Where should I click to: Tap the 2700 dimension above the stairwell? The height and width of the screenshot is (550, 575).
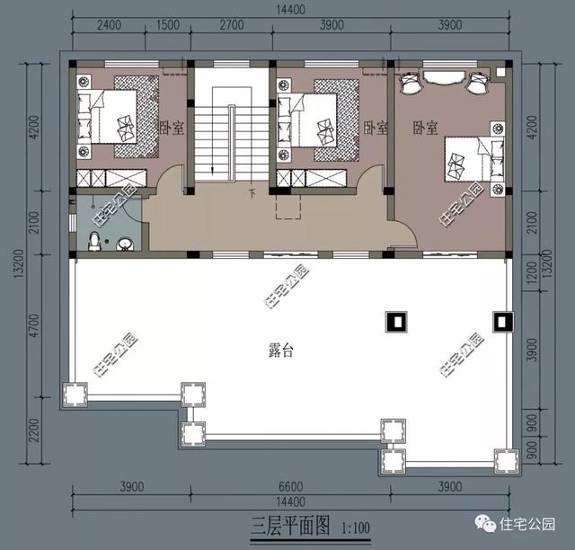231,25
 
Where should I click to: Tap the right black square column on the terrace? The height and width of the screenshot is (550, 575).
500,320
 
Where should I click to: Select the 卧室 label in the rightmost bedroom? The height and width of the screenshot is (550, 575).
425,129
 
